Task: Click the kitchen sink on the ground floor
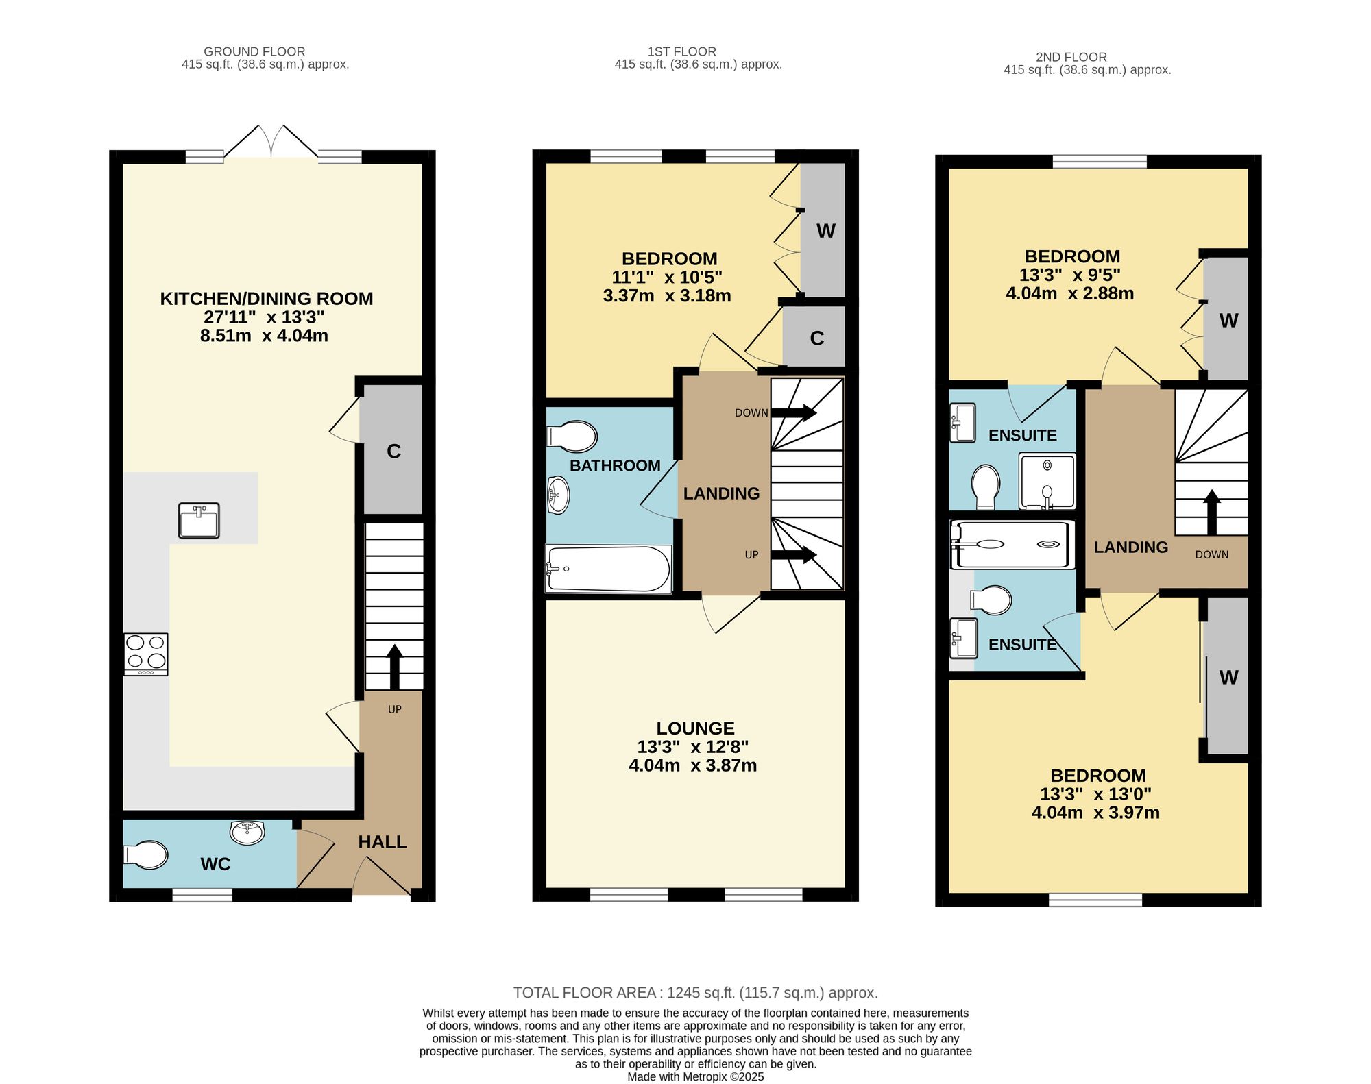point(199,520)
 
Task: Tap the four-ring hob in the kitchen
point(146,654)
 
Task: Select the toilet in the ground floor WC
point(145,855)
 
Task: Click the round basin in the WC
point(247,832)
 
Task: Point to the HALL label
point(383,841)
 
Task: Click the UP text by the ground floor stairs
point(395,709)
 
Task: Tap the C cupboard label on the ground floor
point(393,451)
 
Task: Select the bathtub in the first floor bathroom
point(608,568)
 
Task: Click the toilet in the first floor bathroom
point(572,436)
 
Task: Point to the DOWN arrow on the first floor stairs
point(794,412)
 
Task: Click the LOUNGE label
point(695,728)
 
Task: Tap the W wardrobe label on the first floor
point(825,231)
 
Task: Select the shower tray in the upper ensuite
point(1047,481)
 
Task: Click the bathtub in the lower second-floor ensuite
point(1012,545)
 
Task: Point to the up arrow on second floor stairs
point(1212,512)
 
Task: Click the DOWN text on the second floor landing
point(1212,554)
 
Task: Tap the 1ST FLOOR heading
point(681,51)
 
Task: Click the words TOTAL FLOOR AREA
point(586,992)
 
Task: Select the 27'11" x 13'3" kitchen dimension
point(264,317)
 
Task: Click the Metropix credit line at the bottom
point(695,1076)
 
